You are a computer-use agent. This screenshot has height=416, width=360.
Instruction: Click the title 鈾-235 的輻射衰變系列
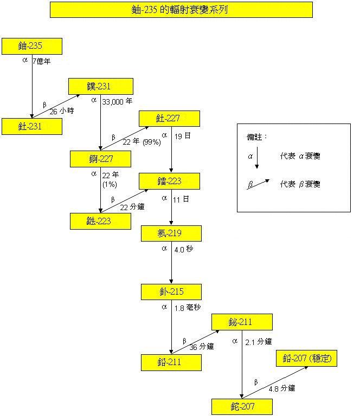[x=181, y=9]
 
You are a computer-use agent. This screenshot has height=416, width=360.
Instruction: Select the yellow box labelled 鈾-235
[x=32, y=47]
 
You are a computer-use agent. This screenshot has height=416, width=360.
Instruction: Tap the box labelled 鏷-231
[x=101, y=86]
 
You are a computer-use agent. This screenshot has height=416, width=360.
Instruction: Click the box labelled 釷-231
[x=32, y=126]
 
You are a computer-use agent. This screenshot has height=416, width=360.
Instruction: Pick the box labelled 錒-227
[x=101, y=159]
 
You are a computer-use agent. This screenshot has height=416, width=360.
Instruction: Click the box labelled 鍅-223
[x=101, y=221]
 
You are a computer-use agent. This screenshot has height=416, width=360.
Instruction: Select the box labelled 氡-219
[x=171, y=233]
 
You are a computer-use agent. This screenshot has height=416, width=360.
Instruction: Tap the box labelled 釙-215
[x=171, y=291]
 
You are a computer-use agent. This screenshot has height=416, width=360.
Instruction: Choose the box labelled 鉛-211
[x=171, y=362]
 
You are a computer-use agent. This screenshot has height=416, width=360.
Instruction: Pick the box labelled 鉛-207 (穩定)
[x=306, y=359]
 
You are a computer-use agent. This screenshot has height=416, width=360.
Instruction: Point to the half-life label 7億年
[x=42, y=61]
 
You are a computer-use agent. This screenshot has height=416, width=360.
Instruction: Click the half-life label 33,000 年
[x=117, y=101]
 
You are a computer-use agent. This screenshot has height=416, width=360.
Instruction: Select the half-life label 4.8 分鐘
[x=281, y=388]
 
